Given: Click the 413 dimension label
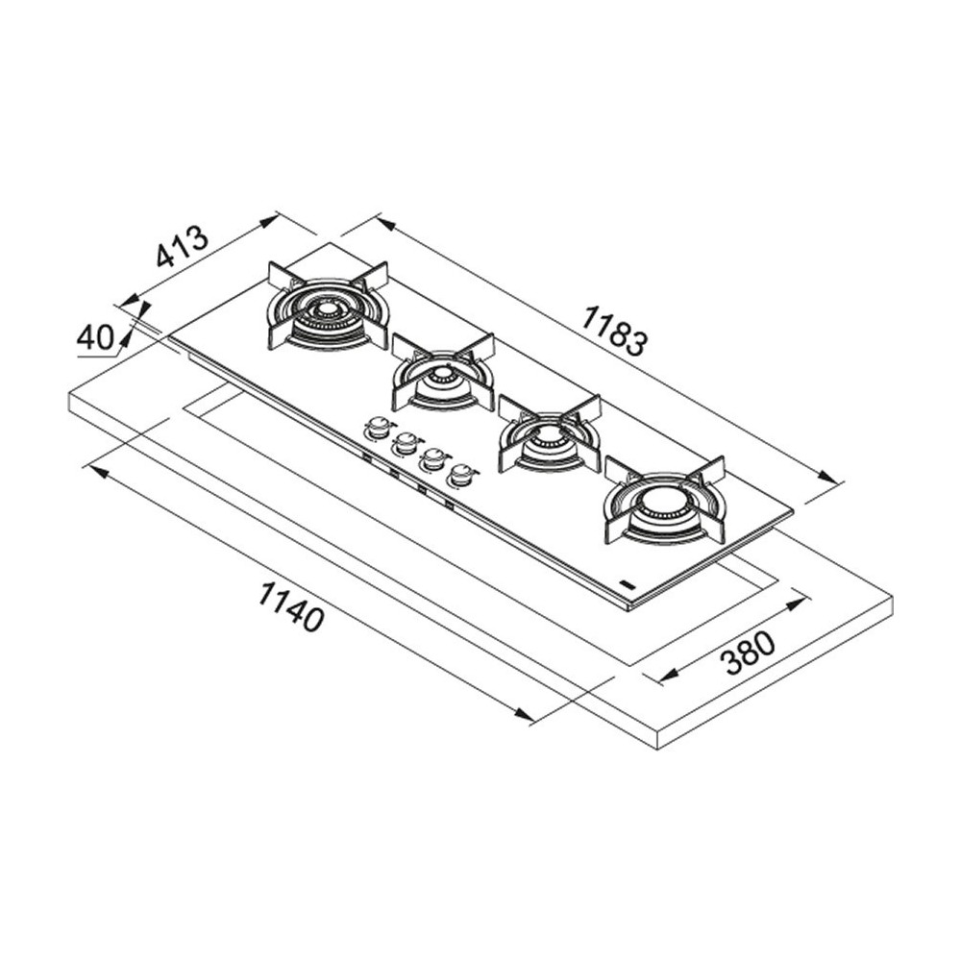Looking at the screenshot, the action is click(x=183, y=247).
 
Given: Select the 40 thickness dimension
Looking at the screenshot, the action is click(x=95, y=337).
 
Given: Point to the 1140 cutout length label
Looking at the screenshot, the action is click(x=290, y=606).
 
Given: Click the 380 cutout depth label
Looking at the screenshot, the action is click(x=748, y=653).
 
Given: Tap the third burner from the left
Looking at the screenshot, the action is click(x=549, y=432).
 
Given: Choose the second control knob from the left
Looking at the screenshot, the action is click(x=406, y=442).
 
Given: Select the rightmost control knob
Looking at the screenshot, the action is click(x=463, y=475).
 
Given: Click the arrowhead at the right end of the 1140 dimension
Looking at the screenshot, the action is click(x=524, y=715).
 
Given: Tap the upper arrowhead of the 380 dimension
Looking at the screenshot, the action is click(x=795, y=604).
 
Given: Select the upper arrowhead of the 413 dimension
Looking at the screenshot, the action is click(x=270, y=221).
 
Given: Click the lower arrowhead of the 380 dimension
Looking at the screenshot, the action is click(x=669, y=675).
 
